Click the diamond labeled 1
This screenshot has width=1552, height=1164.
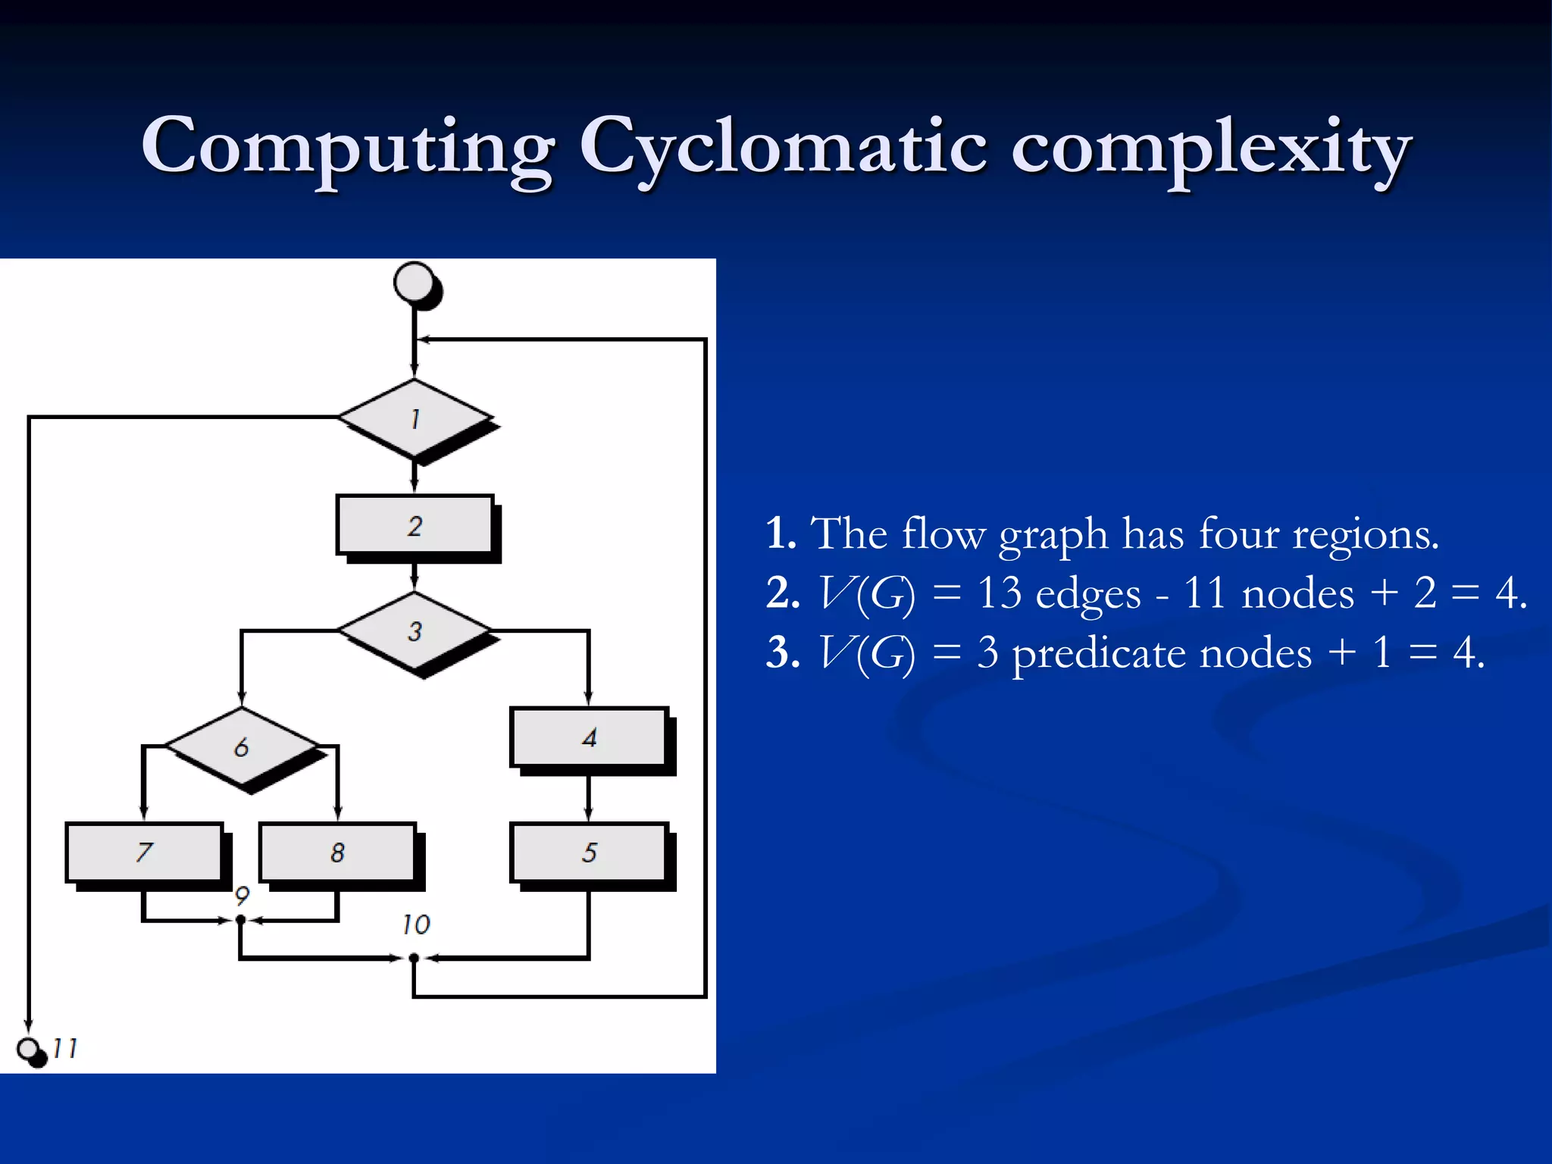[x=415, y=418]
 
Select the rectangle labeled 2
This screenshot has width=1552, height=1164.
[x=415, y=525]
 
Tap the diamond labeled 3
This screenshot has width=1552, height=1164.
[x=415, y=630]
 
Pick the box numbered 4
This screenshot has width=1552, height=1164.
[x=589, y=737]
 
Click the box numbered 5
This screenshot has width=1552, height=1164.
[x=589, y=853]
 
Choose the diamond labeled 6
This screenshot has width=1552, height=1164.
[x=242, y=747]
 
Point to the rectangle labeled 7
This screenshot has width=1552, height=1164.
[x=144, y=853]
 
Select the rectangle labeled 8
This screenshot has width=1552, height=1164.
[x=337, y=853]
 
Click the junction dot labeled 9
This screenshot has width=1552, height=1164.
[x=241, y=920]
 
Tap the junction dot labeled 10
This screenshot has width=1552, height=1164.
[x=414, y=958]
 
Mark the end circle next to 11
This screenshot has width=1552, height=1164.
[x=29, y=1050]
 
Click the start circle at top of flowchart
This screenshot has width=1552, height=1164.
[x=415, y=283]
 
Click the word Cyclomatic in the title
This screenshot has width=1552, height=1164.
[x=783, y=148]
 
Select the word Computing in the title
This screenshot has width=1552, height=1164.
[x=348, y=148]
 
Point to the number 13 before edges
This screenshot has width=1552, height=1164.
[x=999, y=593]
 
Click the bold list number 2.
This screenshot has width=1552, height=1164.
[x=782, y=593]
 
